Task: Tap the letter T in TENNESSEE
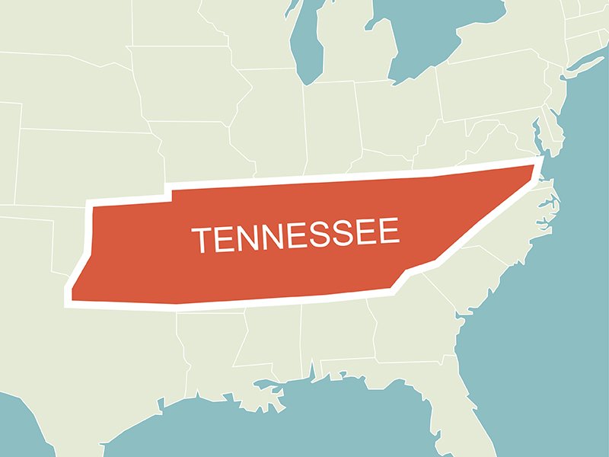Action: (200, 240)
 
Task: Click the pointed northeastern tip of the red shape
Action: (537, 164)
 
